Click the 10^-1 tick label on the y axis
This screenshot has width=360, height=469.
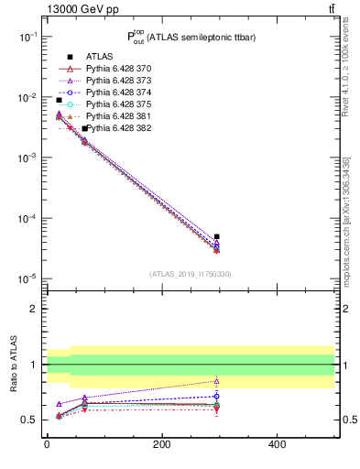click(27, 37)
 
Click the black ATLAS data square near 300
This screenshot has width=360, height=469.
click(217, 236)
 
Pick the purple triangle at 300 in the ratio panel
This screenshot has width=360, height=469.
click(217, 381)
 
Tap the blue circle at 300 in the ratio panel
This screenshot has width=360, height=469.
click(217, 396)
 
